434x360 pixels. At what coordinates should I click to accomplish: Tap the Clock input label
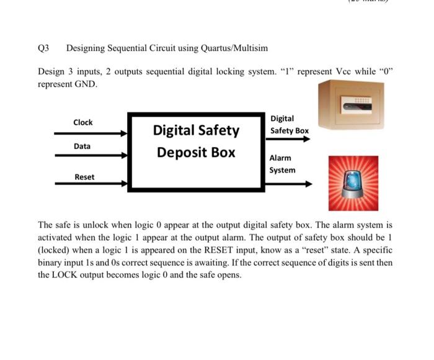tap(83, 122)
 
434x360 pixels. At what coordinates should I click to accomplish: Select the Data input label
tap(82, 146)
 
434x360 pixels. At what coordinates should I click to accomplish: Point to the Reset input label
tap(84, 177)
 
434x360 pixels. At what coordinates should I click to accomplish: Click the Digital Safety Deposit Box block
tap(195, 151)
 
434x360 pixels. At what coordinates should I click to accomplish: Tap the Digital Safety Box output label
tap(289, 124)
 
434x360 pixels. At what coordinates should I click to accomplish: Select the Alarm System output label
tap(282, 164)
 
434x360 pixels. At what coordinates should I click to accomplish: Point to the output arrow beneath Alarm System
tap(288, 184)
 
